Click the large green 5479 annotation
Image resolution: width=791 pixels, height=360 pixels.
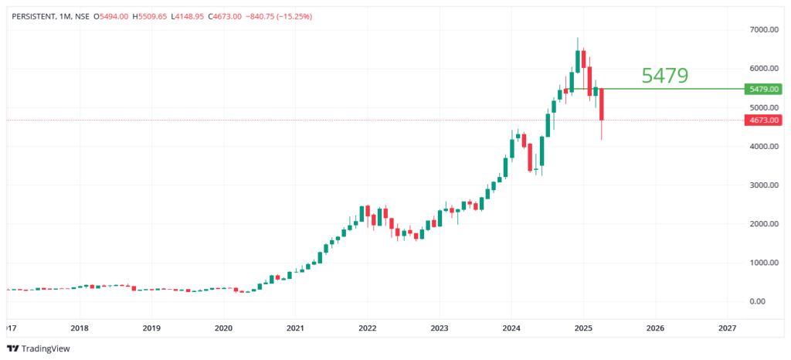pyautogui.click(x=664, y=76)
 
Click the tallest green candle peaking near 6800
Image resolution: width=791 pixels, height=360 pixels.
pyautogui.click(x=578, y=60)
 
